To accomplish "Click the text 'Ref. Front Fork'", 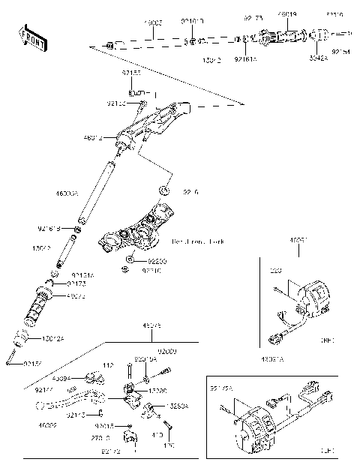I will click(198, 241).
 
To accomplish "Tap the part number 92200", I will click(157, 260).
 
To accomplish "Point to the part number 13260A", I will click(178, 405).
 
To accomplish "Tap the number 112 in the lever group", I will click(108, 365).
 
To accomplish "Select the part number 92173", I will click(76, 285).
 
